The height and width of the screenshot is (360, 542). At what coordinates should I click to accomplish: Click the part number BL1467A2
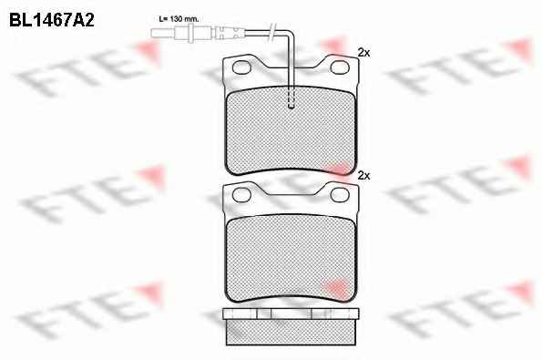52,20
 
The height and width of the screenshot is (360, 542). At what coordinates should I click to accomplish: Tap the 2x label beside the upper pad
363,53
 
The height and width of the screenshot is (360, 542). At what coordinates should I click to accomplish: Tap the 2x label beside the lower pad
363,176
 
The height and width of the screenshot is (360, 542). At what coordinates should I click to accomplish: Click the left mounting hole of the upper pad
241,67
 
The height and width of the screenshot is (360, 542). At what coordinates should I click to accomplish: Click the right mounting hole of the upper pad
340,67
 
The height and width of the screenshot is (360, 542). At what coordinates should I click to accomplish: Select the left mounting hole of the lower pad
241,195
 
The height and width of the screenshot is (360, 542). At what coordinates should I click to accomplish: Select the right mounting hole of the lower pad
340,195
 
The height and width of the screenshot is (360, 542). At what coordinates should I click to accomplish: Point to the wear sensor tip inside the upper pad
291,100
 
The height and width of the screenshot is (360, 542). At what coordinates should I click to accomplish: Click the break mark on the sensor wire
273,32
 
